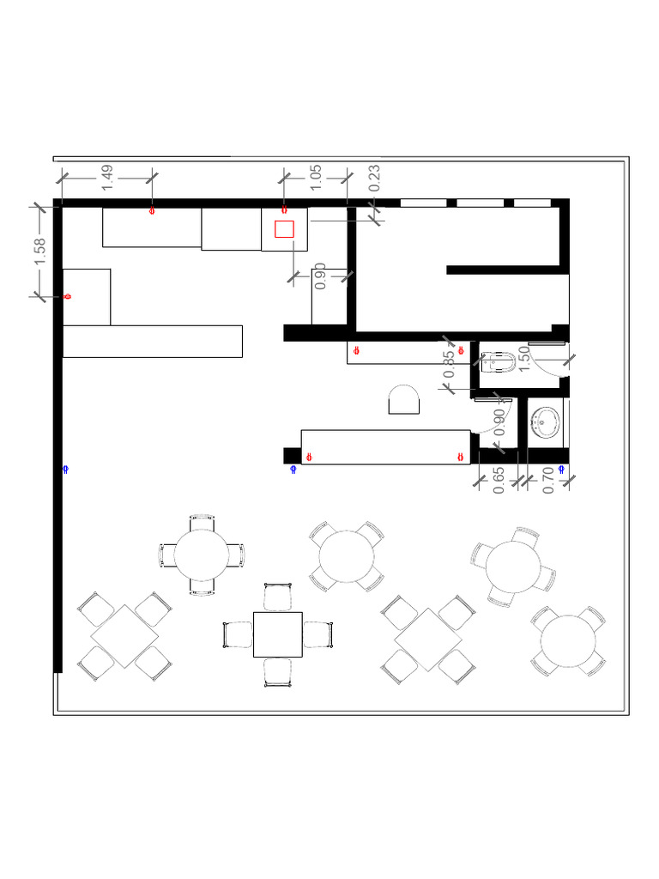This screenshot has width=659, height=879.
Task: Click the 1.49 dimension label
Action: pos(108,177)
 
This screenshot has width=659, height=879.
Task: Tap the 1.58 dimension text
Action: pos(40,252)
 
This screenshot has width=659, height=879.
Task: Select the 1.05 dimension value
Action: pos(316,177)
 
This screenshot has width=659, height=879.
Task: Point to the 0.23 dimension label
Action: pos(374,178)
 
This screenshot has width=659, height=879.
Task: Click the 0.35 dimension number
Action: pos(449,365)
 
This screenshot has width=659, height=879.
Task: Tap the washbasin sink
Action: pos(546,421)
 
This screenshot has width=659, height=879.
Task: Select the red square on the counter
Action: pos(284,228)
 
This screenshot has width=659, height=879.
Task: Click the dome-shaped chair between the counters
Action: pos(403,400)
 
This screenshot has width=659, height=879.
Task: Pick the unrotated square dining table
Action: pos(278,635)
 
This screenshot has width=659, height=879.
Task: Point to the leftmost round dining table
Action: pos(202,555)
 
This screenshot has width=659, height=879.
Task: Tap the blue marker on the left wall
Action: pos(65,469)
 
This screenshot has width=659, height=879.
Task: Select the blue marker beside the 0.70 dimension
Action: pos(562,469)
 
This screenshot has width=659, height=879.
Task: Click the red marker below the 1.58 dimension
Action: pos(67,296)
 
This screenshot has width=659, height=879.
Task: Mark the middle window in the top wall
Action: pos(480,203)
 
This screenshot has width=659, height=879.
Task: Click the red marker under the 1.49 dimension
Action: pos(153,209)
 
